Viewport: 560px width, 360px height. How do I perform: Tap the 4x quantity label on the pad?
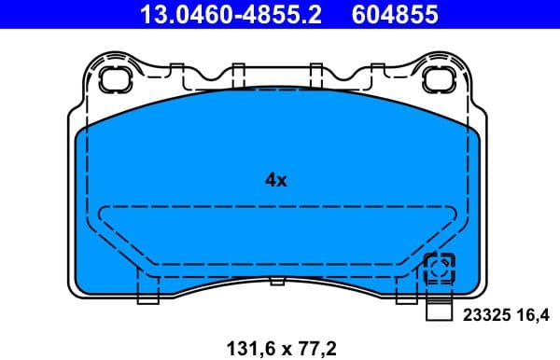(275, 181)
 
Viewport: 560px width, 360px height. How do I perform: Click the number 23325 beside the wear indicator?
(483, 315)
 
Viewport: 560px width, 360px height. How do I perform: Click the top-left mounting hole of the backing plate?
(117, 78)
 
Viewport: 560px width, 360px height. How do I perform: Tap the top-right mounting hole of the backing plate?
(438, 78)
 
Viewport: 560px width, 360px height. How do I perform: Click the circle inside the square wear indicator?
(438, 270)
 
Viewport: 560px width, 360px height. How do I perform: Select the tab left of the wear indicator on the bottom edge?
(405, 295)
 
